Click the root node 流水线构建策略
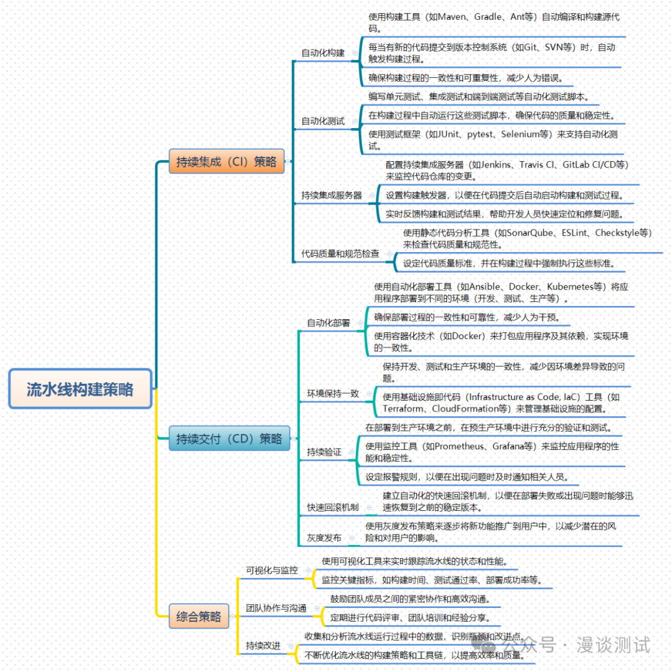[80, 390]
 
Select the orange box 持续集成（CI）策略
[226, 162]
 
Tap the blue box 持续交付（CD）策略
[229, 439]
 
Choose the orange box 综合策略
[198, 617]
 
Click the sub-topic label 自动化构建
[323, 53]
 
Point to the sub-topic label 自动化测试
[323, 121]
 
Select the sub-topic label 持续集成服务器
[332, 195]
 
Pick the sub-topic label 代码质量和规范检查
[340, 254]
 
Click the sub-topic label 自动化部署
[328, 323]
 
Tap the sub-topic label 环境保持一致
[333, 394]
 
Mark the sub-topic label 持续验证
[324, 452]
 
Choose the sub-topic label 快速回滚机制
[333, 507]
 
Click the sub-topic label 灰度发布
[324, 538]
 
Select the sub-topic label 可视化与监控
[271, 570]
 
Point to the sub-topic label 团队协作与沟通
[276, 608]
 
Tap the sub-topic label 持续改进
[263, 645]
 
